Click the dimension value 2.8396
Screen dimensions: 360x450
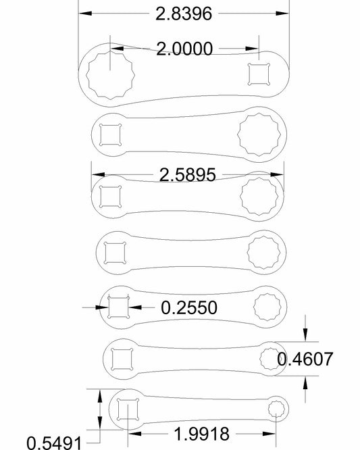click(184, 14)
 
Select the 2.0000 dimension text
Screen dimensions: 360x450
click(184, 49)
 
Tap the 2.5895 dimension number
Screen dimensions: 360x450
click(187, 175)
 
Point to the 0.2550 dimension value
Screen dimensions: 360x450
click(189, 307)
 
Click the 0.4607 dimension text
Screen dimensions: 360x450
click(305, 359)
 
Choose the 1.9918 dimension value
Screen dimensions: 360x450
click(202, 434)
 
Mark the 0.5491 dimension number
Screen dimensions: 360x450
click(54, 443)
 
